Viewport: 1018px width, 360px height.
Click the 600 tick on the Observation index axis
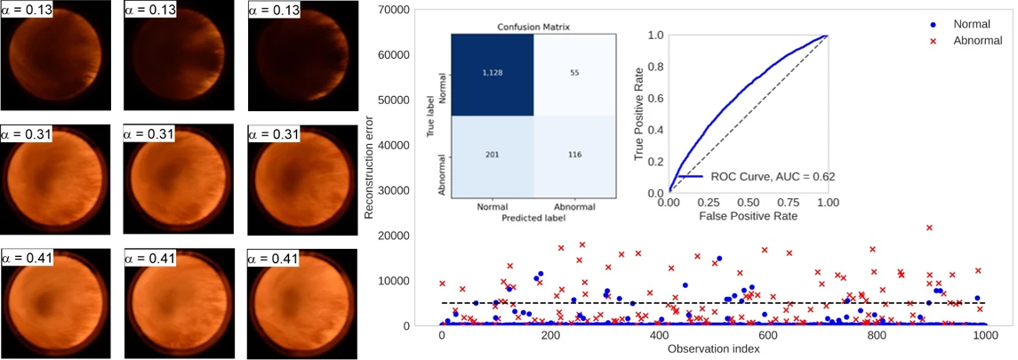tap(388, 337)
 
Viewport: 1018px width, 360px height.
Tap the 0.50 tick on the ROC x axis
tap(748, 203)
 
